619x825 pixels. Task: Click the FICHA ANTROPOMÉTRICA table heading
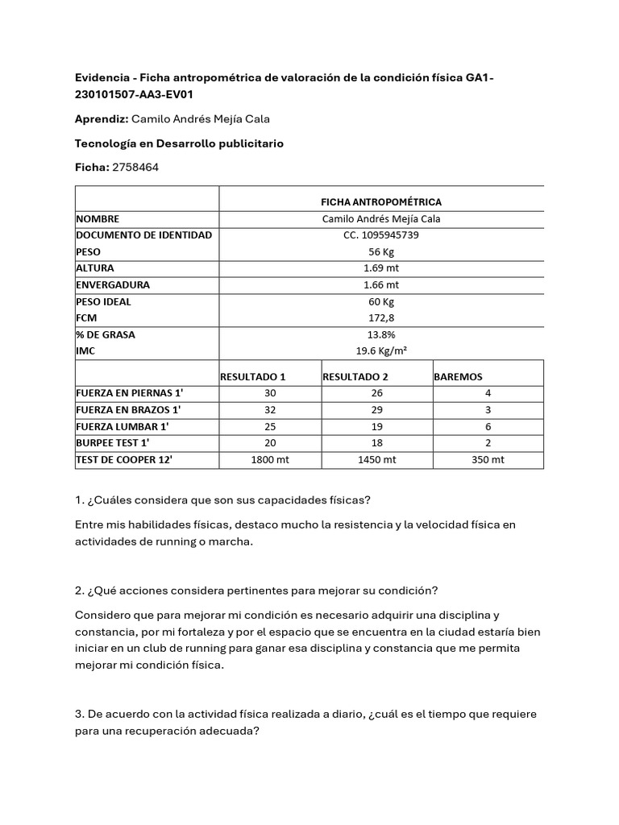tap(381, 201)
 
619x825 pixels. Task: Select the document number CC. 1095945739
tap(381, 235)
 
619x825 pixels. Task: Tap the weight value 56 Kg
tap(381, 251)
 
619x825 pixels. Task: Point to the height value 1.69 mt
tap(381, 268)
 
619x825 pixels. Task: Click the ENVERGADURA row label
tap(113, 285)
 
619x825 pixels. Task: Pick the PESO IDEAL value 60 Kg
tap(381, 301)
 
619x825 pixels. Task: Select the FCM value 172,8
tap(381, 317)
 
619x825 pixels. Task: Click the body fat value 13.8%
tap(381, 334)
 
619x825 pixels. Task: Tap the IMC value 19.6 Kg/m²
tap(381, 350)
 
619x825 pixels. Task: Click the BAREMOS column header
tap(459, 376)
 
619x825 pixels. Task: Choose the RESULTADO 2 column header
tap(355, 376)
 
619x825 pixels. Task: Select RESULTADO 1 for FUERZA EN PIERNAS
tap(270, 393)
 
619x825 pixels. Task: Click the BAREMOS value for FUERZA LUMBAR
tap(488, 426)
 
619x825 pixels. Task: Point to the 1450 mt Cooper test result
tap(376, 459)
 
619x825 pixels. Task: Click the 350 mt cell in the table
tap(488, 459)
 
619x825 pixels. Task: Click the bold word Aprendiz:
tap(102, 119)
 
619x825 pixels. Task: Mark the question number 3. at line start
tap(79, 715)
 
